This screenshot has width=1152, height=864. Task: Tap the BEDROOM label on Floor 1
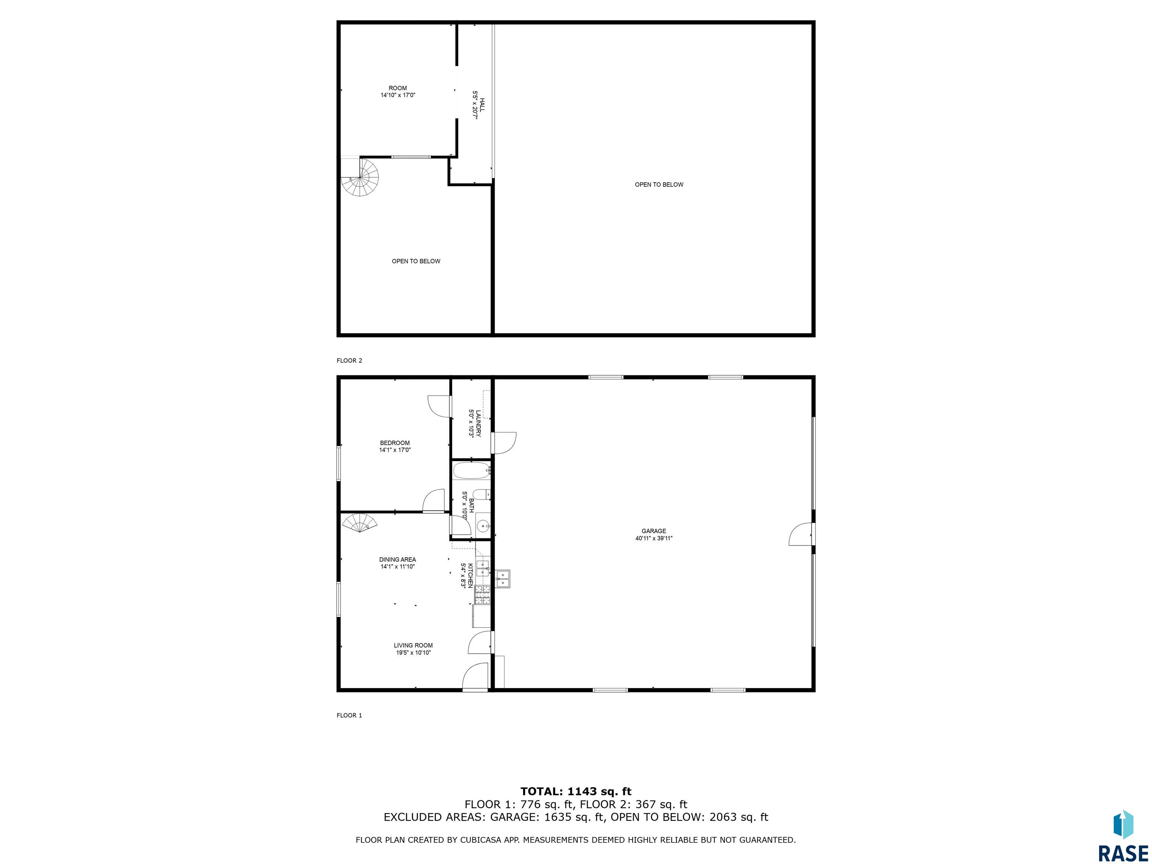click(x=395, y=442)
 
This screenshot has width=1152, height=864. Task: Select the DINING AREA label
click(x=397, y=559)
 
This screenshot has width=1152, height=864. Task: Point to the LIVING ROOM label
click(x=413, y=645)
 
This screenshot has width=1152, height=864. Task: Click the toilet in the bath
click(x=482, y=494)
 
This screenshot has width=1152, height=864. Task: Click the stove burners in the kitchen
click(x=482, y=595)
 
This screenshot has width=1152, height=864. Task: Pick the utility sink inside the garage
click(x=502, y=579)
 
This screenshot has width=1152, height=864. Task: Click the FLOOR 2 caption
click(x=349, y=360)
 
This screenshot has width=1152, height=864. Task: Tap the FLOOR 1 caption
click(x=349, y=715)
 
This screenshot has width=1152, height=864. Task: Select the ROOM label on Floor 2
click(x=398, y=88)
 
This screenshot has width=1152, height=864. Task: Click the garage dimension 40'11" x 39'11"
click(x=654, y=538)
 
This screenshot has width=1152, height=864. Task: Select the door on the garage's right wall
click(x=802, y=534)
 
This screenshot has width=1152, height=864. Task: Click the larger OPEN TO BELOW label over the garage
click(x=659, y=184)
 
